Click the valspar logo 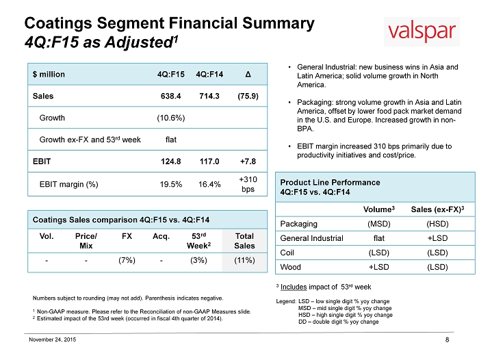tap(422, 31)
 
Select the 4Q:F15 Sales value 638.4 tap(171, 96)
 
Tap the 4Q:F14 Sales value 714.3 tap(209, 96)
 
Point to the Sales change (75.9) tap(248, 96)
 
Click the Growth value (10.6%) tap(171, 118)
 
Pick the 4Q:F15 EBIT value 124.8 tap(171, 162)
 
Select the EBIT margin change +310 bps tap(248, 184)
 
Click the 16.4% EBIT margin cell tap(209, 184)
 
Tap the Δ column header tap(248, 75)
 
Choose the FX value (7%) tap(127, 260)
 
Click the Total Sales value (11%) tap(244, 260)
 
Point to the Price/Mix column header tap(86, 241)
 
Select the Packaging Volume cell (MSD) tap(379, 224)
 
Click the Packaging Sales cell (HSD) tap(437, 224)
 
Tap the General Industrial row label tap(311, 238)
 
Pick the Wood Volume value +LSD tap(379, 267)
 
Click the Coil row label tap(287, 253)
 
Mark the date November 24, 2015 tap(52, 339)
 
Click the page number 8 tap(448, 340)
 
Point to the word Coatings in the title tap(58, 23)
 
